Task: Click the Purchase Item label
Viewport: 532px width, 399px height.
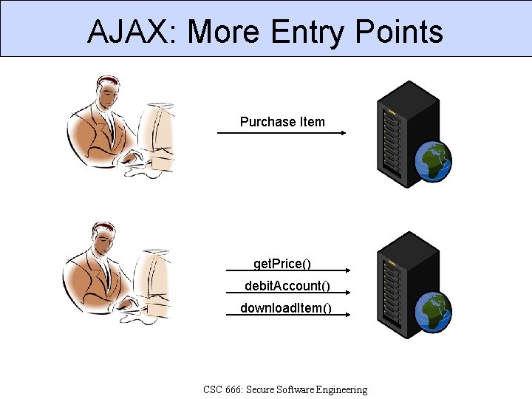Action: (282, 122)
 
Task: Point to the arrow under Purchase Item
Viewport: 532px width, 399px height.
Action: (282, 133)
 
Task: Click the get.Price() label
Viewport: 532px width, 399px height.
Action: (282, 264)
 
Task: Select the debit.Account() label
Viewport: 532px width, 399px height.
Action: (287, 285)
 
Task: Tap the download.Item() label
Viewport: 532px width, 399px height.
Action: (286, 307)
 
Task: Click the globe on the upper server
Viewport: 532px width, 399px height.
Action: (433, 163)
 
